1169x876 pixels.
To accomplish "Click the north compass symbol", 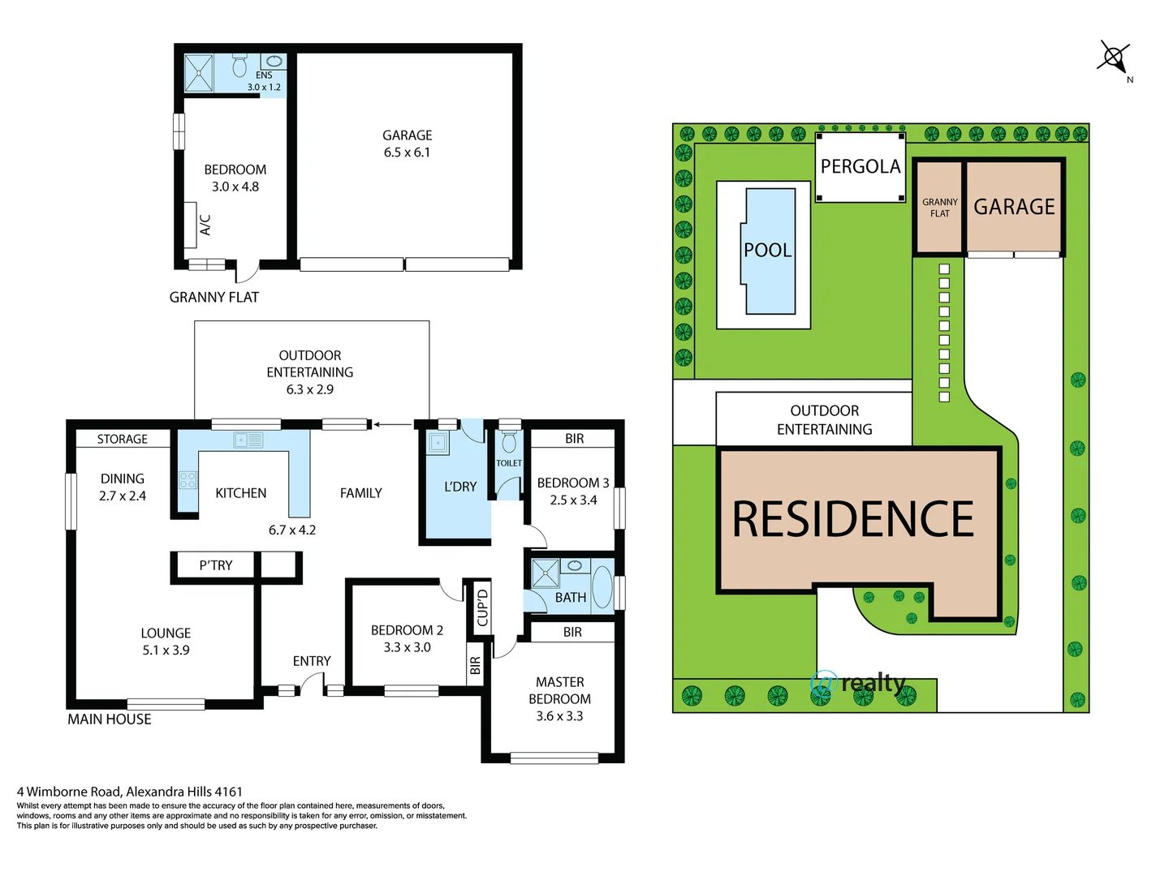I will pos(1113,58).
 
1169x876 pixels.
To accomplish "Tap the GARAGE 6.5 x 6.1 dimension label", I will pos(407,144).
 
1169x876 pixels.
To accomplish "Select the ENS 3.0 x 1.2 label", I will pos(264,81).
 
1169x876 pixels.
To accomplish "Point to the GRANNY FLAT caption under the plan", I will pos(214,298).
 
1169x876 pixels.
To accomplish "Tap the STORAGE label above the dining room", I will pos(122,439).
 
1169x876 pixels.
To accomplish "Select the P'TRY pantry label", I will pos(215,565).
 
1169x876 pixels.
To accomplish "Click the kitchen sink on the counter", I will pos(248,440).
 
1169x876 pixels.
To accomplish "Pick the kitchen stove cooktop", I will pos(188,479).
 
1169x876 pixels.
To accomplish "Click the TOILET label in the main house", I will pos(509,463).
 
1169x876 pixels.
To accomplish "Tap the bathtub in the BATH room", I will pos(602,586).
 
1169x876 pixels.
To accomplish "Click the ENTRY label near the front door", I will pos(312,661).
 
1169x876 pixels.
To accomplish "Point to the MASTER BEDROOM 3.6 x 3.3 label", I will pos(559,698).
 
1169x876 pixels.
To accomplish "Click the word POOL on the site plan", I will pos(767,250).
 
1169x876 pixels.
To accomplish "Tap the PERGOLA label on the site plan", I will pos(861,166).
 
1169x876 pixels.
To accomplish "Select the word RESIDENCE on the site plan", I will pos(852,519).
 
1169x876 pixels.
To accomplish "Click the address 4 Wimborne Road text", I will pos(130,792).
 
